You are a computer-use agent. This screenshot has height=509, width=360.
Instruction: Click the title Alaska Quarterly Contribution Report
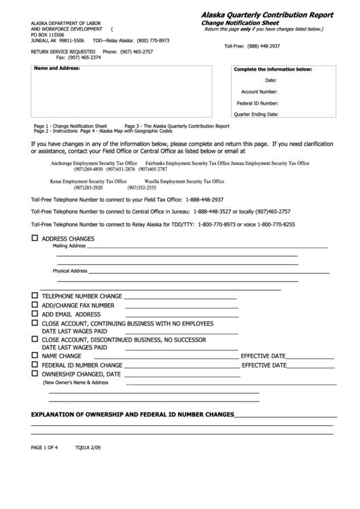click(x=266, y=14)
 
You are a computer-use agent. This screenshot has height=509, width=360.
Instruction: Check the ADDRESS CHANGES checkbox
click(x=35, y=239)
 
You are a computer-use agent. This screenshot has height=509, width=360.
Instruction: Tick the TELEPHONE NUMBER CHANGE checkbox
click(x=35, y=296)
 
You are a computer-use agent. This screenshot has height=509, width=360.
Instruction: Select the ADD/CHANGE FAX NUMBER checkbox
click(x=35, y=305)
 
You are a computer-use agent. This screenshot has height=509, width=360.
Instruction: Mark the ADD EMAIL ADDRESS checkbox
click(x=35, y=315)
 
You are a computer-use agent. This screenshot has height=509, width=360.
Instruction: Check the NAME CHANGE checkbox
click(x=35, y=355)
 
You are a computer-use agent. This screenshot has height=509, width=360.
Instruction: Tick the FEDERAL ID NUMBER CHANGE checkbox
click(x=35, y=364)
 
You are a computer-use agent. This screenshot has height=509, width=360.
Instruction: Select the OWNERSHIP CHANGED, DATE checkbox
click(x=35, y=374)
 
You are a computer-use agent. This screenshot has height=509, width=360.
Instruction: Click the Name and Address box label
click(x=57, y=69)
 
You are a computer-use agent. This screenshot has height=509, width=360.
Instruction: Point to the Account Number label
click(x=259, y=91)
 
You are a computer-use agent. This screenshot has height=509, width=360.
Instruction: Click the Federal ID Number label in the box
click(x=257, y=103)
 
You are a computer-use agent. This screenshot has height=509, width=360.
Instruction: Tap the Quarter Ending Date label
click(x=256, y=114)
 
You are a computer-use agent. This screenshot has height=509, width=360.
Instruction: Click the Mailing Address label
click(x=69, y=246)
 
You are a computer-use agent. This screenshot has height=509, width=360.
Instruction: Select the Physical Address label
click(x=70, y=270)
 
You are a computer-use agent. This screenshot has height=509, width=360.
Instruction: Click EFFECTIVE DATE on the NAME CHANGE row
click(x=263, y=356)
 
